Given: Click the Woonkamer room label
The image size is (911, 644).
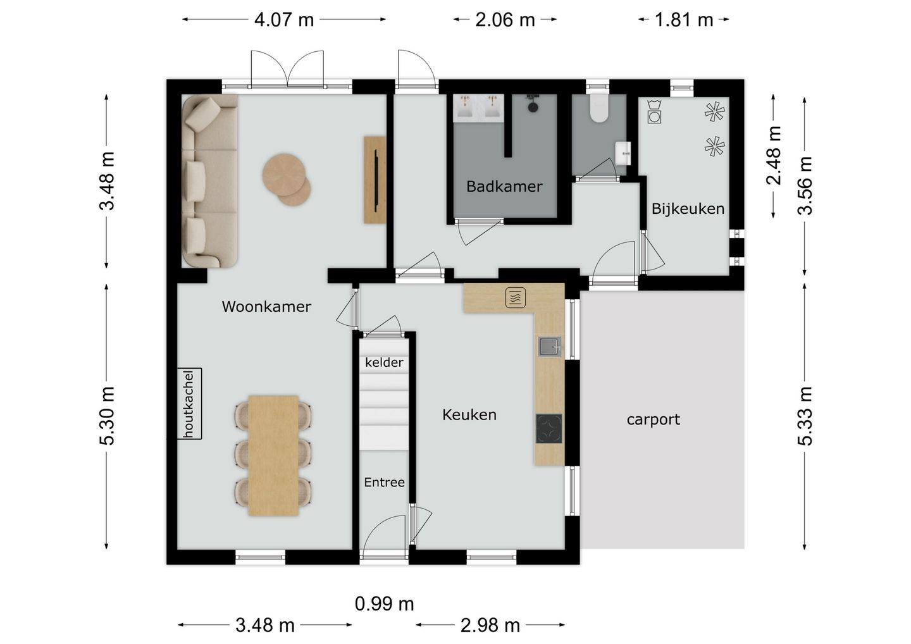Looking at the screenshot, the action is [266, 307].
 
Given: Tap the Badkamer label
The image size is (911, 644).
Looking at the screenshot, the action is [504, 187].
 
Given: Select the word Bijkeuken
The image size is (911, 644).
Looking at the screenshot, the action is [688, 209].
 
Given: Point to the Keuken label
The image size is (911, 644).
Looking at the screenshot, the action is [469, 415].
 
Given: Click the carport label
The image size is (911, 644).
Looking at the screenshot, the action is [653, 419].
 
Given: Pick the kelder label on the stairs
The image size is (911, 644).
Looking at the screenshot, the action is [384, 362].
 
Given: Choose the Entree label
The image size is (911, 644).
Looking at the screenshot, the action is [385, 482].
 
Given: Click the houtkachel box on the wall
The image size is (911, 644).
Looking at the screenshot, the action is [190, 404].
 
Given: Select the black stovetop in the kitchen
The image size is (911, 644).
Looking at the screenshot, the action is [549, 428].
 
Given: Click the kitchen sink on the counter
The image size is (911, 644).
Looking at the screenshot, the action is [549, 347].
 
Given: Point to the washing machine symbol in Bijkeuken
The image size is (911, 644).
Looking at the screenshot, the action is [654, 111].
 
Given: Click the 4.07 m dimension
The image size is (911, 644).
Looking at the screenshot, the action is [284, 20].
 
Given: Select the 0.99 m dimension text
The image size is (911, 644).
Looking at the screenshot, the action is [385, 604].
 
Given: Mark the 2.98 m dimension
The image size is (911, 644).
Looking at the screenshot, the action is [490, 625].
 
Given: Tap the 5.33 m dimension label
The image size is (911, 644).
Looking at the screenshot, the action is [805, 416].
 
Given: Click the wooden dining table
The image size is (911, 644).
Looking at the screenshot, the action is [273, 455].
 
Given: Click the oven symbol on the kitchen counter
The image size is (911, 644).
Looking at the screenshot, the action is [515, 297].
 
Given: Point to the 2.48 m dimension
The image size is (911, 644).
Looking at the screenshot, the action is [774, 156].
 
